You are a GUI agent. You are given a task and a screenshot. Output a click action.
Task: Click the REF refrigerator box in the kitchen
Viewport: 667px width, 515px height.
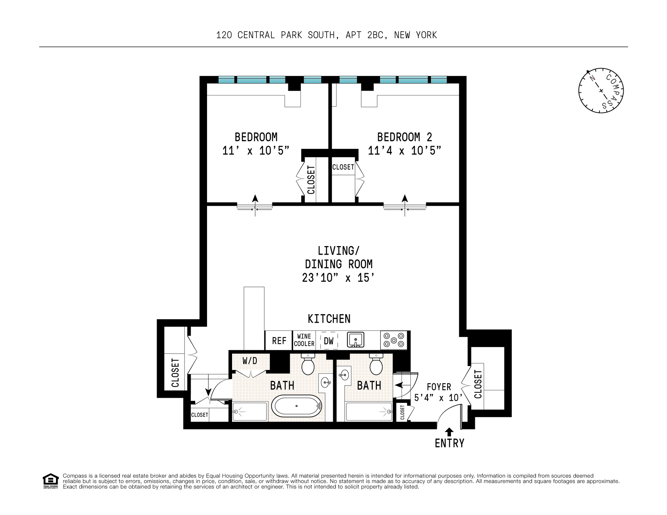coord(279,340)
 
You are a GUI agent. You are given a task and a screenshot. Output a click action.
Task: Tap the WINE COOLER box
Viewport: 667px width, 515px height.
coord(304,340)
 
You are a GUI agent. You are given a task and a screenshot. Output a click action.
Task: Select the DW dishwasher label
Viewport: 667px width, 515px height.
coord(329,341)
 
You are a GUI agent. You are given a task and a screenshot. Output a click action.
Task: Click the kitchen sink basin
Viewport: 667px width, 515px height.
coord(355,339)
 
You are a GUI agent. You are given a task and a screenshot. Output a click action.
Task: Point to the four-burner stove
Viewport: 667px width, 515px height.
coord(394,340)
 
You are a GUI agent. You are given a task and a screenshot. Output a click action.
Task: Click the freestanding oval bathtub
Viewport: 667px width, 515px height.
coord(296,406)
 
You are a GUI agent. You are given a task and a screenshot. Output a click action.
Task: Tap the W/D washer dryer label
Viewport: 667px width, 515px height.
coord(250,361)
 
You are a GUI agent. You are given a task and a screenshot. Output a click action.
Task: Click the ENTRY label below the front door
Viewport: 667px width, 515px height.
coord(450,443)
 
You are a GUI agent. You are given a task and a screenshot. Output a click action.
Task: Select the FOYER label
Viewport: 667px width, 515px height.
coord(439,387)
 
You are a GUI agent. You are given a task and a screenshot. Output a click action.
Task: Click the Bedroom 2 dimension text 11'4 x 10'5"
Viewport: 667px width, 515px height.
coord(404,151)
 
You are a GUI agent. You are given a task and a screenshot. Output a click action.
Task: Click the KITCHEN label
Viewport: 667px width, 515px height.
coord(329,319)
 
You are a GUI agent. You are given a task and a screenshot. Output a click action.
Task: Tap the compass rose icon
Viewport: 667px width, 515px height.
coord(601,91)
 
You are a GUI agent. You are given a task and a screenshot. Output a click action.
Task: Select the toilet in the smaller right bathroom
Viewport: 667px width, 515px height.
coord(376,364)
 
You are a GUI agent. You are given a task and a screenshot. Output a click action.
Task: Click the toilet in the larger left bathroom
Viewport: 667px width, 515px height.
coord(308,364)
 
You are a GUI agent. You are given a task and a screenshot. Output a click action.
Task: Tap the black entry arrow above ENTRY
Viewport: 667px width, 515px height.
coord(450,432)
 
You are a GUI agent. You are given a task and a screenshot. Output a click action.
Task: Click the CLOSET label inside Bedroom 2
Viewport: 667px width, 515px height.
coord(343,167)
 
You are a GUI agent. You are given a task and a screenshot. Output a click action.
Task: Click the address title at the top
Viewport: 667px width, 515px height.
coord(327,35)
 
